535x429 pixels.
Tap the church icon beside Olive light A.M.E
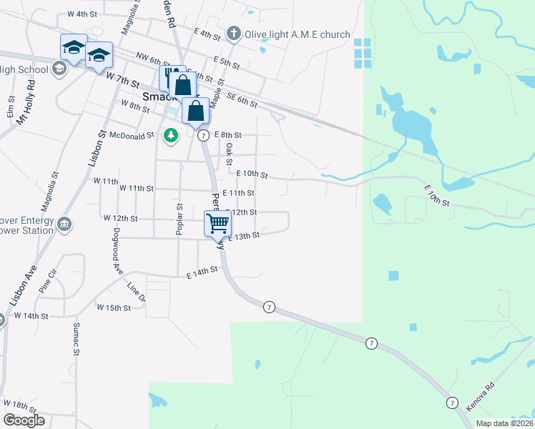233,34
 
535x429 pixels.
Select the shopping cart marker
217,224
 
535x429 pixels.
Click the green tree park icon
170,134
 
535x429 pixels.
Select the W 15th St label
114,308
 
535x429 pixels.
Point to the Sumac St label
76,340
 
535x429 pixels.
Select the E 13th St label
244,235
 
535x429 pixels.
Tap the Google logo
24,420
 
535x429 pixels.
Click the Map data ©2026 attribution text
504,423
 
